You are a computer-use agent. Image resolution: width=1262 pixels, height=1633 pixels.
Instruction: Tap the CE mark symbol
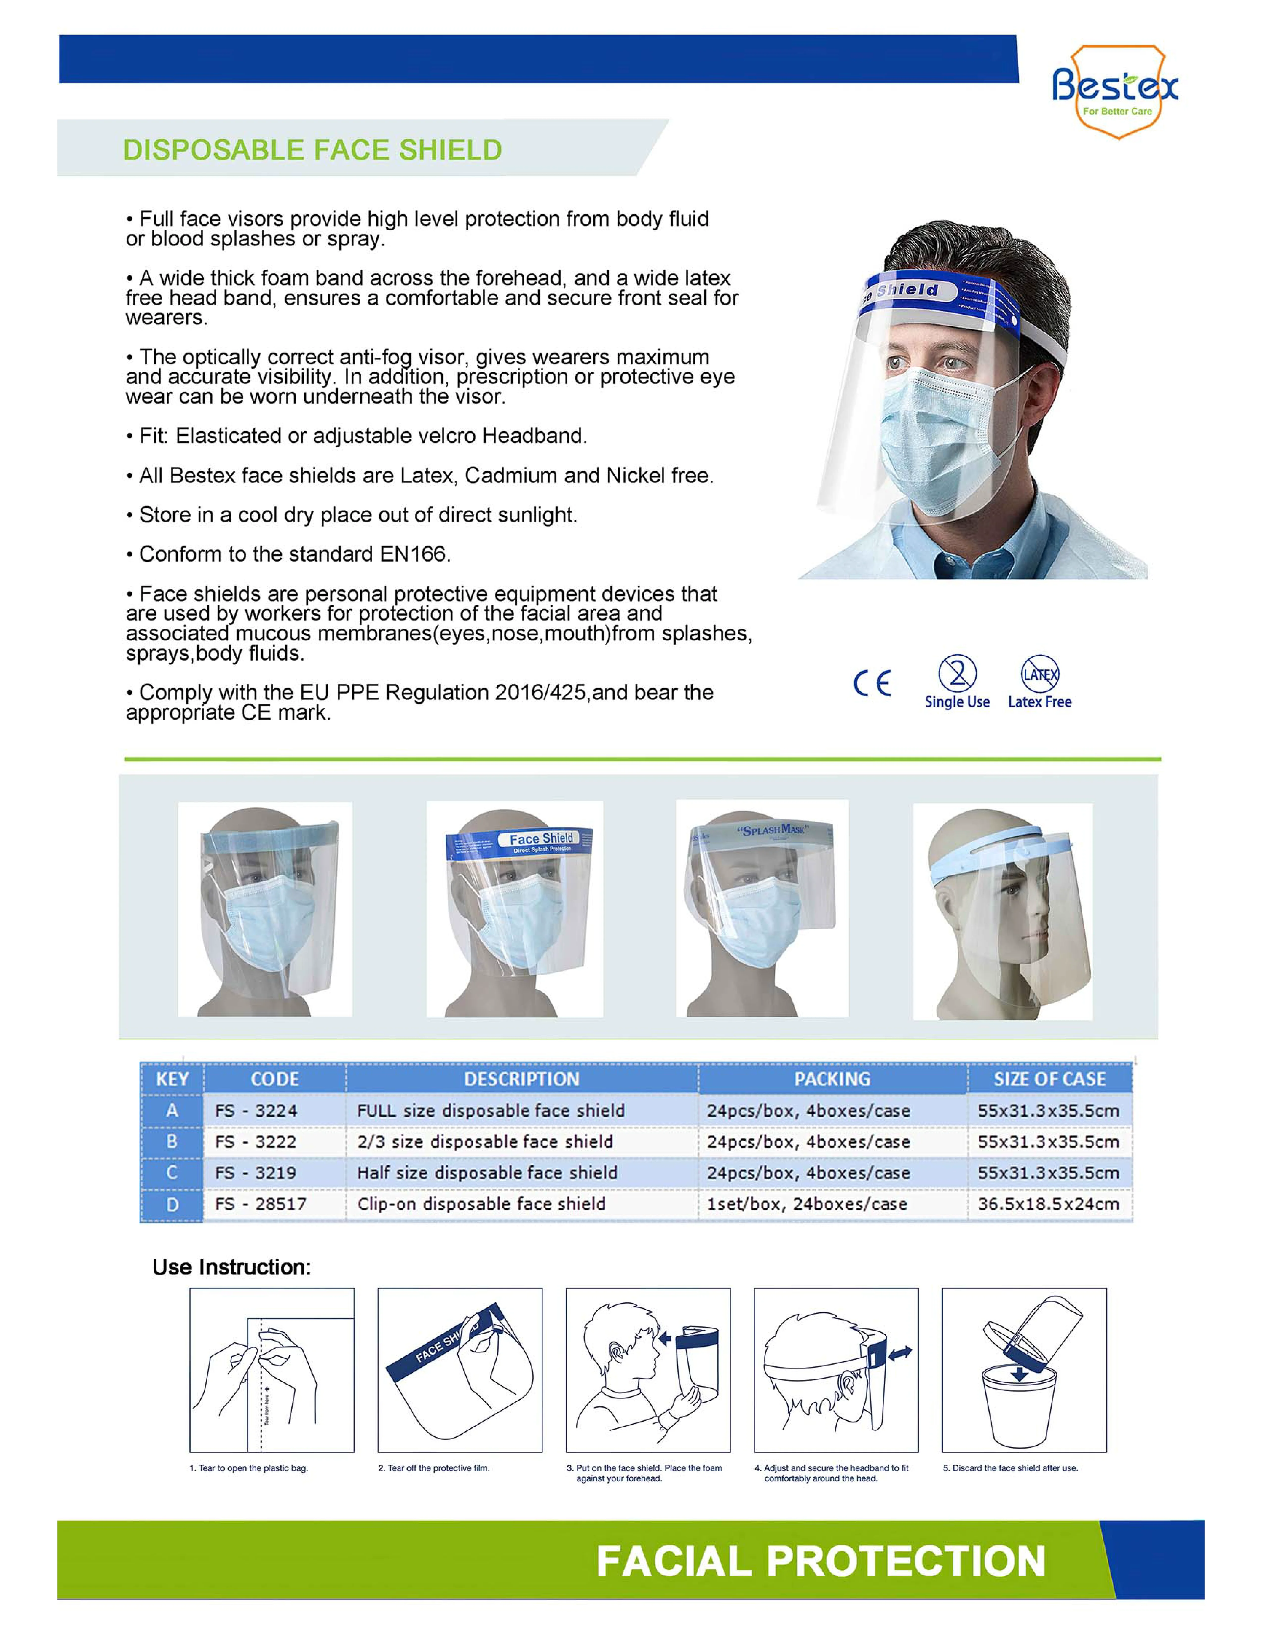[872, 683]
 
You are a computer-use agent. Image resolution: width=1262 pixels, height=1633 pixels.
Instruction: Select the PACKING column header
[832, 1079]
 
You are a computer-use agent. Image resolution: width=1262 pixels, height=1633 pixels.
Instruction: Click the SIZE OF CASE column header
[1049, 1079]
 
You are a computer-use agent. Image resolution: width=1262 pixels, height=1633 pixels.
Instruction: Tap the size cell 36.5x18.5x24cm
[1048, 1204]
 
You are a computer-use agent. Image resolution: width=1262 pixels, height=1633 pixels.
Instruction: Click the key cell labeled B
[172, 1142]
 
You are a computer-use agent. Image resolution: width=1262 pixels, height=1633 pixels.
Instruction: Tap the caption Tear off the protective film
[434, 1468]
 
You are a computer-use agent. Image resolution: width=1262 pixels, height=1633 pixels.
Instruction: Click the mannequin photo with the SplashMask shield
[762, 909]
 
